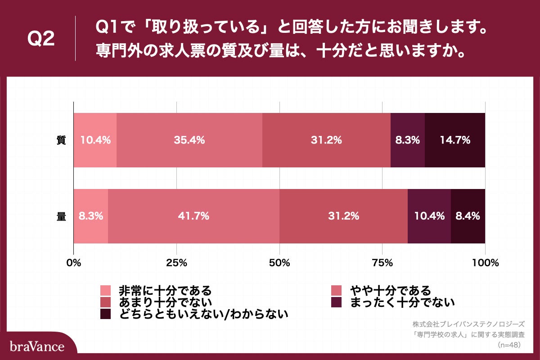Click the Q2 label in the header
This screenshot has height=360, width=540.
click(x=41, y=39)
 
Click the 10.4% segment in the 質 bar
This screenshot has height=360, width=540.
click(x=95, y=140)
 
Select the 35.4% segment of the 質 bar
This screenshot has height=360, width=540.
click(x=189, y=140)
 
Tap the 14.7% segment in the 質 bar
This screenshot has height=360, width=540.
click(x=455, y=140)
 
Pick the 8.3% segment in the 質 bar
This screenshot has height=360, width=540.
click(x=408, y=140)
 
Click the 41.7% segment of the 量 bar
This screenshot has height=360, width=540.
click(x=193, y=216)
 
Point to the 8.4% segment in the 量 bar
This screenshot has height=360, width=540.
click(x=468, y=216)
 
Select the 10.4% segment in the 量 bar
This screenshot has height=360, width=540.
click(x=429, y=216)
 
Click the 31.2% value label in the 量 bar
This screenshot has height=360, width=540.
click(x=344, y=216)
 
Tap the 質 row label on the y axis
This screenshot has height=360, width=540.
click(x=61, y=140)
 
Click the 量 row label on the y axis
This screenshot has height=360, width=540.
click(x=61, y=216)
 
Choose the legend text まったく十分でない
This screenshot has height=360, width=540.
click(x=399, y=301)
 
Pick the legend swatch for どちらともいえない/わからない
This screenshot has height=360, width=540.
click(x=105, y=314)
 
